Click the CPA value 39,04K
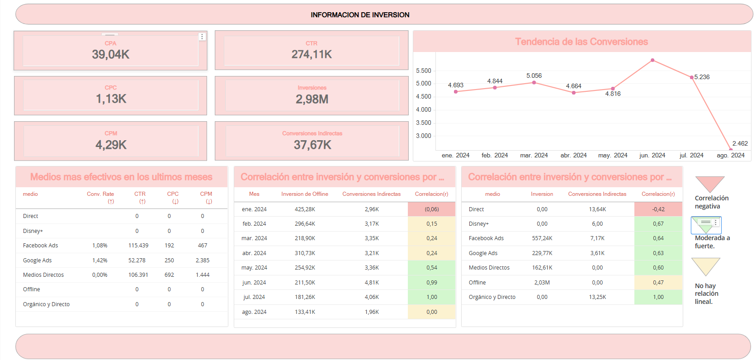(x=111, y=55)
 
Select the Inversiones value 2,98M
(x=312, y=99)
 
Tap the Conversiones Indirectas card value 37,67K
(x=312, y=145)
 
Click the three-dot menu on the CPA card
(x=202, y=37)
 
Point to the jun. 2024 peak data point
(x=652, y=60)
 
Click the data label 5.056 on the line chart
(x=534, y=76)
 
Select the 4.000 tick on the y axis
(x=424, y=110)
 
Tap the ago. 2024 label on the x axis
(x=731, y=155)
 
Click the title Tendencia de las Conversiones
(x=581, y=42)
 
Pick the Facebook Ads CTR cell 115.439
(x=138, y=246)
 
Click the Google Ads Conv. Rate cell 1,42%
(x=100, y=261)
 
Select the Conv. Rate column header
(x=101, y=194)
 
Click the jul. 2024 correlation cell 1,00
(x=432, y=297)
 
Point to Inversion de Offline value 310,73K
(x=305, y=253)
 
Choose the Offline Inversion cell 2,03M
(x=542, y=283)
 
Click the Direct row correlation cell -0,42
(x=658, y=209)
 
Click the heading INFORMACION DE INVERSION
(x=360, y=15)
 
